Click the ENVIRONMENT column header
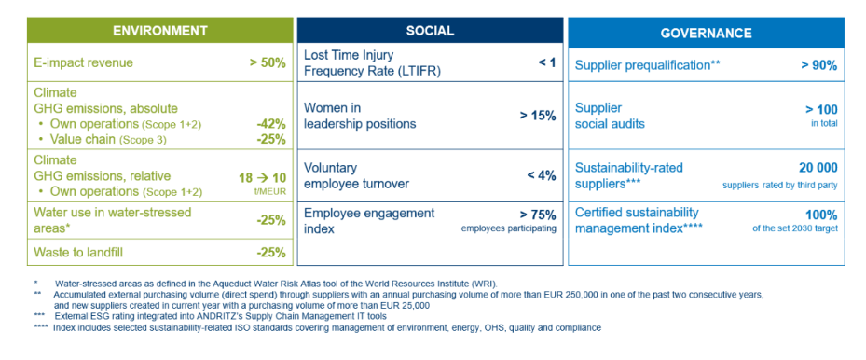point(160,31)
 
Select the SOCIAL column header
point(430,31)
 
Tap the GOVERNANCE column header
point(706,33)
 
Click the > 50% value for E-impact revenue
point(268,62)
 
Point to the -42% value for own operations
point(271,124)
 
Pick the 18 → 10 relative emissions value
point(261,177)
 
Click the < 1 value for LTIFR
point(547,62)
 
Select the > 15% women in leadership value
point(538,117)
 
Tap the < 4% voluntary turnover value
point(542,175)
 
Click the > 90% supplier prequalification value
point(819,65)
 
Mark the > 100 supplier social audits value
point(822,109)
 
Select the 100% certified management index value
point(822,215)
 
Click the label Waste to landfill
point(78,253)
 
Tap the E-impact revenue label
point(83,62)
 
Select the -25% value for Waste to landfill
point(271,253)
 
